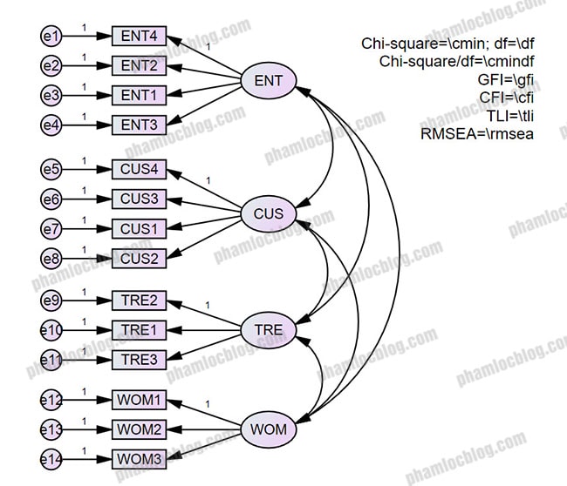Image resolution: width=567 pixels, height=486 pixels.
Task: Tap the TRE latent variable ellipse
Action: [x=269, y=330]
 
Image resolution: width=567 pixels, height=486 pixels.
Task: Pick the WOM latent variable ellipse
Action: [x=268, y=429]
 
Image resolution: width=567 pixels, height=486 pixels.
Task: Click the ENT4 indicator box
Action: [x=139, y=36]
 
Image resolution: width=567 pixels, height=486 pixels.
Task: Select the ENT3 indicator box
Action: [x=139, y=125]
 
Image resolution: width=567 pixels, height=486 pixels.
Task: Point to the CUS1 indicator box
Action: [x=139, y=228]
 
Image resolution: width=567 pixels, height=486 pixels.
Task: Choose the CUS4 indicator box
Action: [x=139, y=170]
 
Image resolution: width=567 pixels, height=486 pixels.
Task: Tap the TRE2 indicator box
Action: [x=139, y=301]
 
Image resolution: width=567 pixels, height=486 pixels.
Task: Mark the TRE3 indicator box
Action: [x=139, y=360]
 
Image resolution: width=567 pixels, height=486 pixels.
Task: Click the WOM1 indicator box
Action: [x=139, y=401]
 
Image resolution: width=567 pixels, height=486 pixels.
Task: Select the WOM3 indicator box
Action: [x=139, y=458]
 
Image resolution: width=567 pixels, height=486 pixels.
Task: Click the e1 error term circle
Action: [x=51, y=36]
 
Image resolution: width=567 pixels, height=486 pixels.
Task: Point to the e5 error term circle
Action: [x=51, y=170]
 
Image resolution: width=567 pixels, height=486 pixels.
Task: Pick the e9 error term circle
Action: [x=51, y=301]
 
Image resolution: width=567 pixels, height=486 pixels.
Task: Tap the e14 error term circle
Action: [x=51, y=458]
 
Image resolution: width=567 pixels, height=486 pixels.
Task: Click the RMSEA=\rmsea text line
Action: [x=476, y=134]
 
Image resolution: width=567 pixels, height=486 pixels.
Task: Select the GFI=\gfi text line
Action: [x=509, y=79]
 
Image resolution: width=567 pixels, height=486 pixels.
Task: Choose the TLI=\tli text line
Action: [x=512, y=116]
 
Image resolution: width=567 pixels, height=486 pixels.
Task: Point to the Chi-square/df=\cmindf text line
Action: [x=456, y=61]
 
